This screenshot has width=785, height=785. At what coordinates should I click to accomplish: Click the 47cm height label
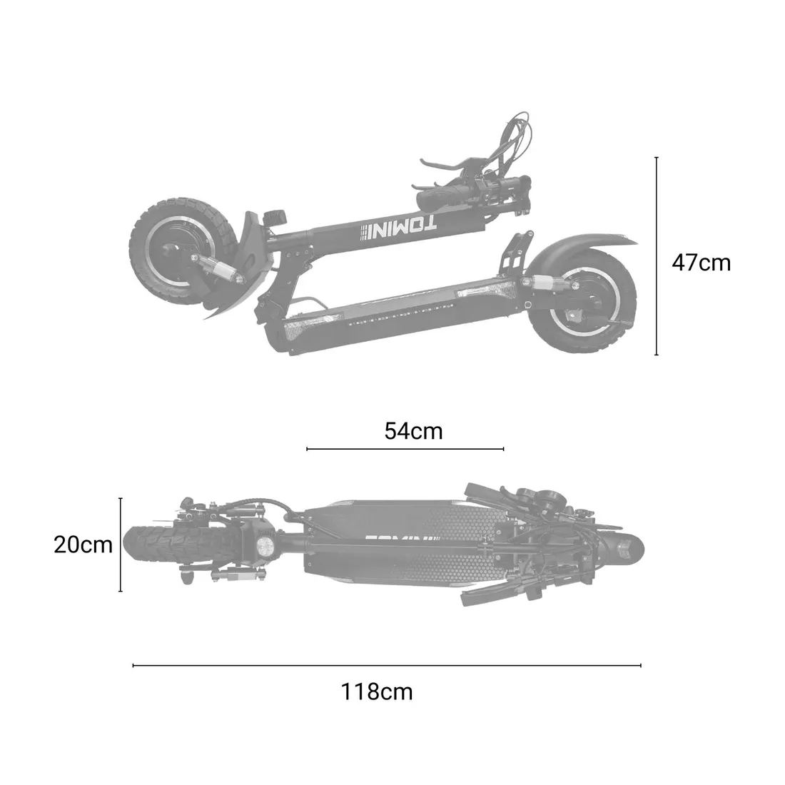[701, 263]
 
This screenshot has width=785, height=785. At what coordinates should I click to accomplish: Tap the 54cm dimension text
[413, 431]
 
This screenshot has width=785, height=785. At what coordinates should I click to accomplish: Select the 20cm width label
[83, 545]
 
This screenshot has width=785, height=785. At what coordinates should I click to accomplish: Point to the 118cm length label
[376, 691]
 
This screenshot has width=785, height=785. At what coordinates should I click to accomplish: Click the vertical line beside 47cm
[656, 256]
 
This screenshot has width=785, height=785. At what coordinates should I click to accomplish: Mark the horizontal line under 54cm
[405, 449]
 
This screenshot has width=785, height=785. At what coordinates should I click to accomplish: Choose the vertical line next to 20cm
[121, 545]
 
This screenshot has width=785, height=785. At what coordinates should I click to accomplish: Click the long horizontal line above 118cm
[387, 666]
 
